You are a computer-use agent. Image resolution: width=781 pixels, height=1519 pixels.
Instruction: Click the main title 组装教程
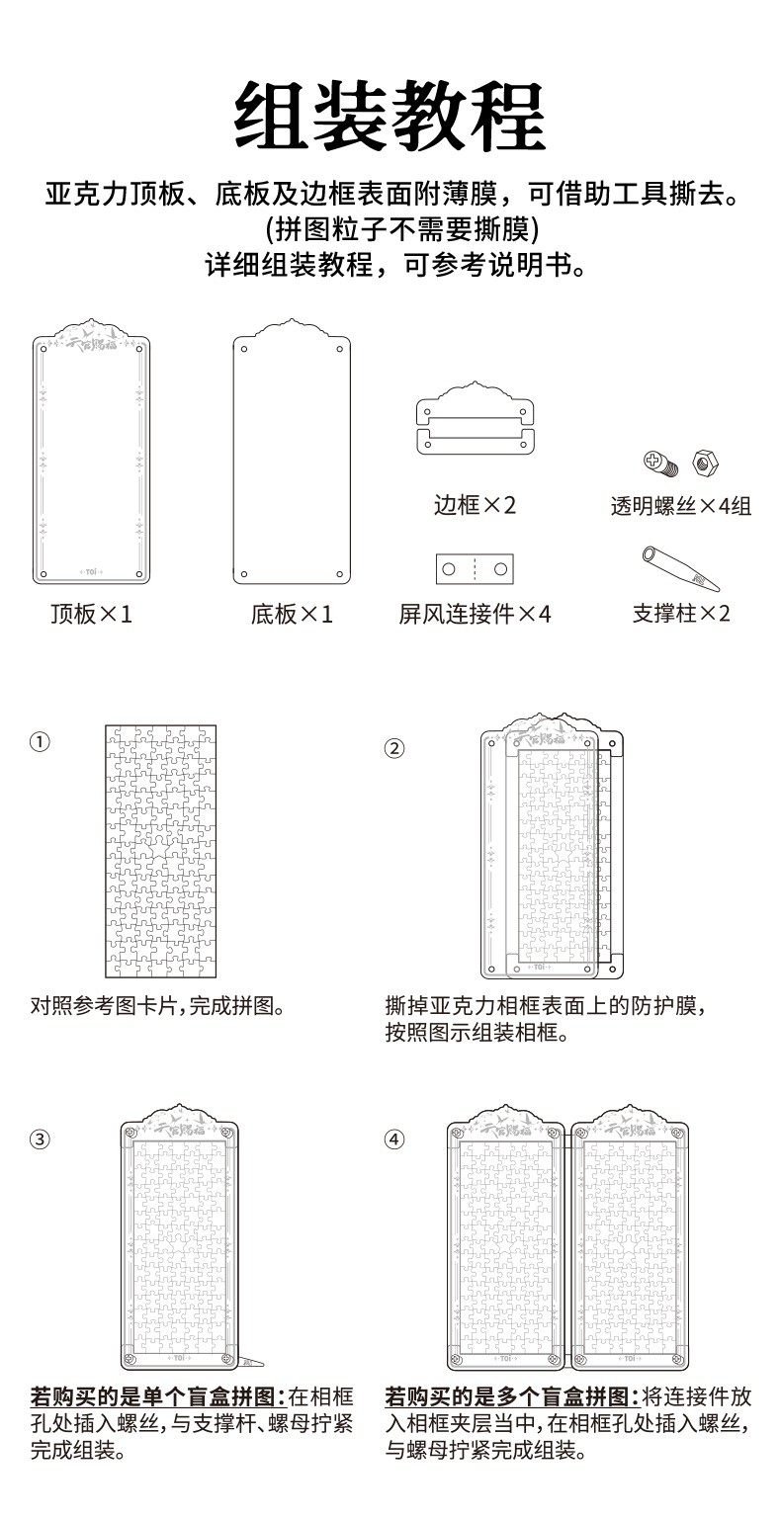[x=390, y=117]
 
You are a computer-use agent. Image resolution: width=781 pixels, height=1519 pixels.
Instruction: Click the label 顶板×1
[x=91, y=615]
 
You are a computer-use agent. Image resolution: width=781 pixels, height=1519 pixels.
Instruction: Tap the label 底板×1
[x=292, y=615]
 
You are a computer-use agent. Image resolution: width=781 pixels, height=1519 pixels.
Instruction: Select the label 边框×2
[x=475, y=506]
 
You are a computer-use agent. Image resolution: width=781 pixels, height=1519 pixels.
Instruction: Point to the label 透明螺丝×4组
[x=680, y=507]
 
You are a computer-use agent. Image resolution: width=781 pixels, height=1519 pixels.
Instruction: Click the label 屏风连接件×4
[x=475, y=615]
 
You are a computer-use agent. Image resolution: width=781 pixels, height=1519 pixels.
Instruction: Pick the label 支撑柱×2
[x=681, y=614]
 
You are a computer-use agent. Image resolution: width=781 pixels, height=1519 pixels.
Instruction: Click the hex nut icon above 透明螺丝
[x=706, y=460]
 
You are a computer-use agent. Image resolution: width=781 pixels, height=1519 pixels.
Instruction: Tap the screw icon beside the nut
[x=658, y=461]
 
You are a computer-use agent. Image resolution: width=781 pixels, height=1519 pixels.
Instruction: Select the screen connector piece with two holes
[x=475, y=568]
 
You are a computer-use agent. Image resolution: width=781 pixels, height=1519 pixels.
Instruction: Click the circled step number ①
[x=40, y=741]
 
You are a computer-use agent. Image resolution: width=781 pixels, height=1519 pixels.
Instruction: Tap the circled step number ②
[x=393, y=748]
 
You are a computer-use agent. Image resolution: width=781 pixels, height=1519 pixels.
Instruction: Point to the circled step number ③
[x=40, y=1139]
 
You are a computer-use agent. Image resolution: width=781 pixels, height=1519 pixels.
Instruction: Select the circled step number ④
[x=393, y=1139]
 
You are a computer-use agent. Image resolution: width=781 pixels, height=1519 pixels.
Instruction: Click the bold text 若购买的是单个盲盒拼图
[x=157, y=1397]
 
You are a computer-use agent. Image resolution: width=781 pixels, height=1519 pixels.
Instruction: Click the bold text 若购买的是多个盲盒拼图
[x=511, y=1397]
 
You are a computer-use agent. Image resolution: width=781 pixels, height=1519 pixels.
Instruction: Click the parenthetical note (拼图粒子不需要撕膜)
[x=390, y=229]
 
